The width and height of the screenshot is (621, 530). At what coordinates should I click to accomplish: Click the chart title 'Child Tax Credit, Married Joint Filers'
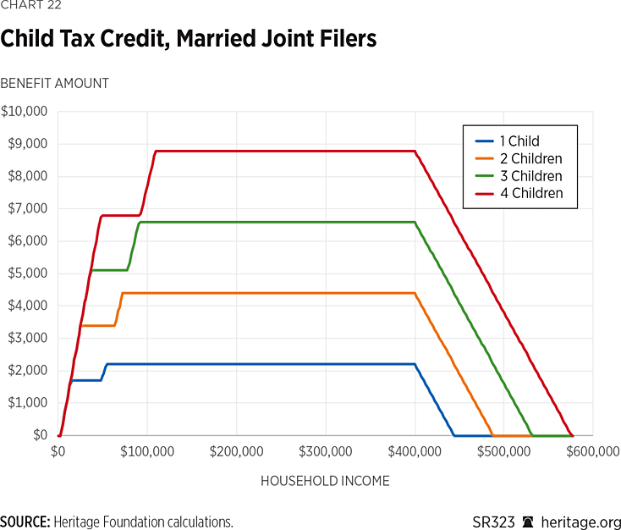point(189,39)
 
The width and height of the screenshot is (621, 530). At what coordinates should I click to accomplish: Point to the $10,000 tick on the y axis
point(25,112)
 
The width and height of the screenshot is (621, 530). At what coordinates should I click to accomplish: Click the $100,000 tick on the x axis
point(147,452)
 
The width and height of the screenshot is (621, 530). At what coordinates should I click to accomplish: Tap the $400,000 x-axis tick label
point(415,452)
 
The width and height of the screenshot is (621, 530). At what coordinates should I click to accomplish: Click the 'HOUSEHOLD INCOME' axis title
point(325,481)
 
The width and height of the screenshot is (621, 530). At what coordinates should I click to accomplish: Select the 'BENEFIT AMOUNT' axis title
point(54,83)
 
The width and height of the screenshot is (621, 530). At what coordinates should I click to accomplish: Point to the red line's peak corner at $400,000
point(415,152)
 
